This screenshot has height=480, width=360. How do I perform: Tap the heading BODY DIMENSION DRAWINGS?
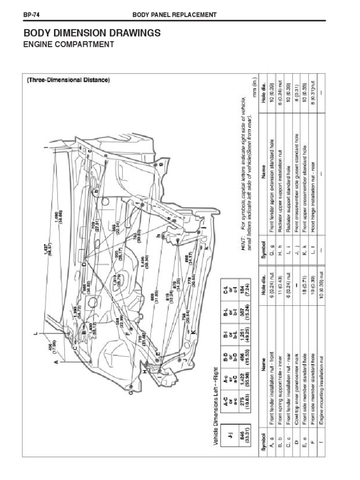coord(92,33)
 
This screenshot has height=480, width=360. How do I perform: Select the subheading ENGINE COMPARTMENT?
coord(68,45)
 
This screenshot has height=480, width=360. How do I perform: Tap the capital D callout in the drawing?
coord(84,265)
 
